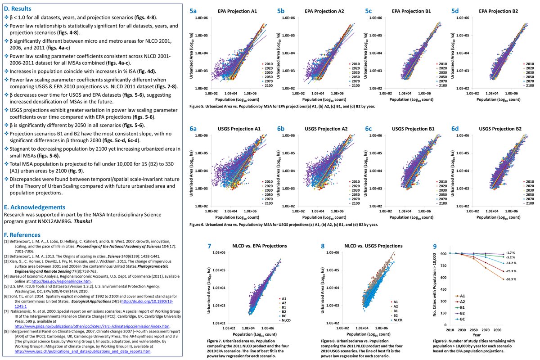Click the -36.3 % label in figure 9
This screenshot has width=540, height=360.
point(511,279)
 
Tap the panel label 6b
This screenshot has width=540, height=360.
point(281,129)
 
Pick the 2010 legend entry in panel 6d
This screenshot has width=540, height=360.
point(529,181)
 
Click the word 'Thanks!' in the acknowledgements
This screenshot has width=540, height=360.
point(83,221)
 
